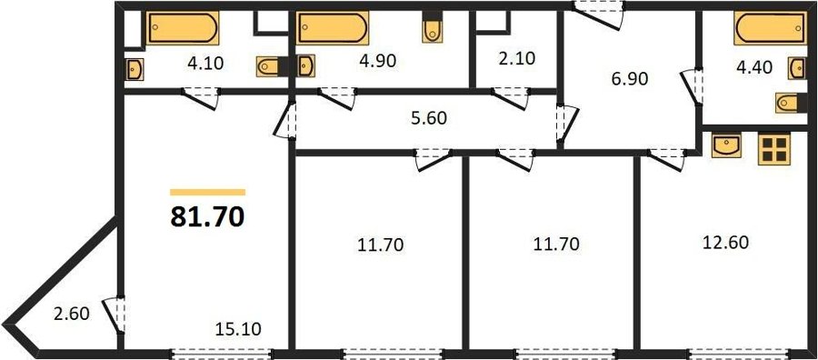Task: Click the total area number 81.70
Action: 207,216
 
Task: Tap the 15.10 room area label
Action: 238,329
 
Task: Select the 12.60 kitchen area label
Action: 725,243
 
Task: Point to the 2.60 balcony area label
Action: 72,314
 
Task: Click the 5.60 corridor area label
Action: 429,118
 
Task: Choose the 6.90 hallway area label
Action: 629,79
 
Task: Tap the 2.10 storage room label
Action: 516,58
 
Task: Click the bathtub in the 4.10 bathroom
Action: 182,27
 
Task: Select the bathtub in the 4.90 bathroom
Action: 333,27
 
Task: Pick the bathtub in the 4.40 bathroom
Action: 770,28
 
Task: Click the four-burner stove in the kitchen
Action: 774,149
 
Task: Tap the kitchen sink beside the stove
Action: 726,145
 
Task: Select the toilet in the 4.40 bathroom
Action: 791,103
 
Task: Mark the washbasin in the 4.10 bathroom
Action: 135,69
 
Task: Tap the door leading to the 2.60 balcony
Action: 115,315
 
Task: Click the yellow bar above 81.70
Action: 207,193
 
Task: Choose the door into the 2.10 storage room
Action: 510,98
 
